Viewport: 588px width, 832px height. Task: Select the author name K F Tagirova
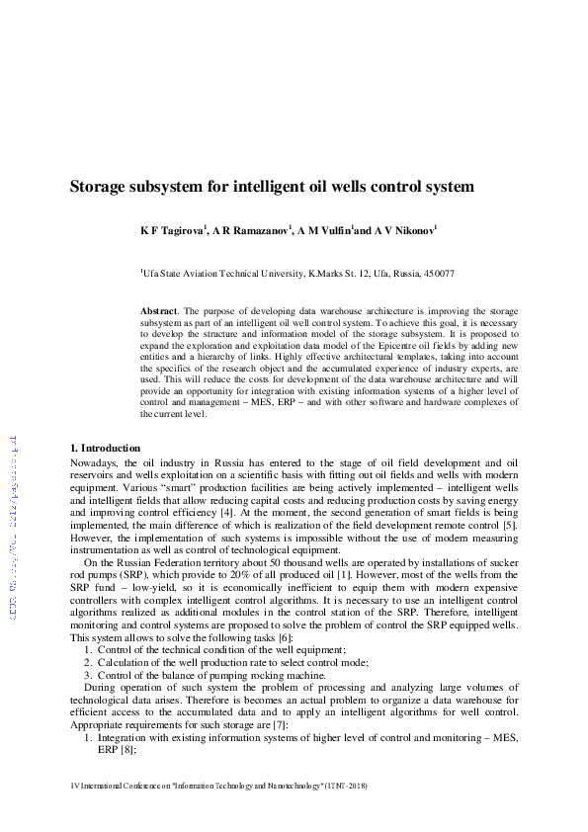[172, 231]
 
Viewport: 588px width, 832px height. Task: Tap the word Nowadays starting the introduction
[93, 462]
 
